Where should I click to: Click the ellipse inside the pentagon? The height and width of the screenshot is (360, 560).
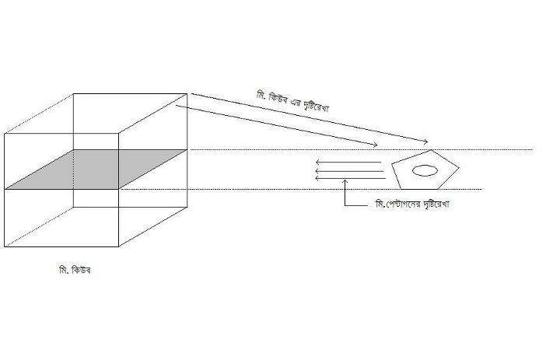click(x=425, y=171)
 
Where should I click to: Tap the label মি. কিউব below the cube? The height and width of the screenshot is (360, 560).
click(x=75, y=270)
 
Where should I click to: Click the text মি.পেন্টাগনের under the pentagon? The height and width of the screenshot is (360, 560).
click(x=398, y=204)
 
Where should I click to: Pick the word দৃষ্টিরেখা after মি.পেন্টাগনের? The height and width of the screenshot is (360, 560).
click(x=436, y=204)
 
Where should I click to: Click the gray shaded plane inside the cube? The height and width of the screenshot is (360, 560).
click(x=96, y=170)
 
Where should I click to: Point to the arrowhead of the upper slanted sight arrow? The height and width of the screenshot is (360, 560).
click(x=425, y=142)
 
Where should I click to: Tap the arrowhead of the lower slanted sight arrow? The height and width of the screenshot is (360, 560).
click(x=376, y=145)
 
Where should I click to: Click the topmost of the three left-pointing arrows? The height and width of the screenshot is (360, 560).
click(x=348, y=163)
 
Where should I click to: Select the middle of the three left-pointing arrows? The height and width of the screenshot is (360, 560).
click(x=350, y=171)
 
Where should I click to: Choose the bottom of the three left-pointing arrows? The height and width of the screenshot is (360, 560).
click(x=351, y=178)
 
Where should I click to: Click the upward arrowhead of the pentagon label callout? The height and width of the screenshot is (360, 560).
click(x=345, y=181)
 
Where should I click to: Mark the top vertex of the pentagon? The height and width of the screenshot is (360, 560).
click(x=432, y=150)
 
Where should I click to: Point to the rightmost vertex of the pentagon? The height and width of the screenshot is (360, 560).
click(x=459, y=167)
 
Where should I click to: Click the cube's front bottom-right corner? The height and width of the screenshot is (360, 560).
click(x=118, y=246)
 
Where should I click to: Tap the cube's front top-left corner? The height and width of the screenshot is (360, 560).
click(x=5, y=134)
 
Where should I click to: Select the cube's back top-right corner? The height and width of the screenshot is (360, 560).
click(x=187, y=94)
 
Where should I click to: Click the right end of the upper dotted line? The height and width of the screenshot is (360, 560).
click(x=533, y=149)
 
